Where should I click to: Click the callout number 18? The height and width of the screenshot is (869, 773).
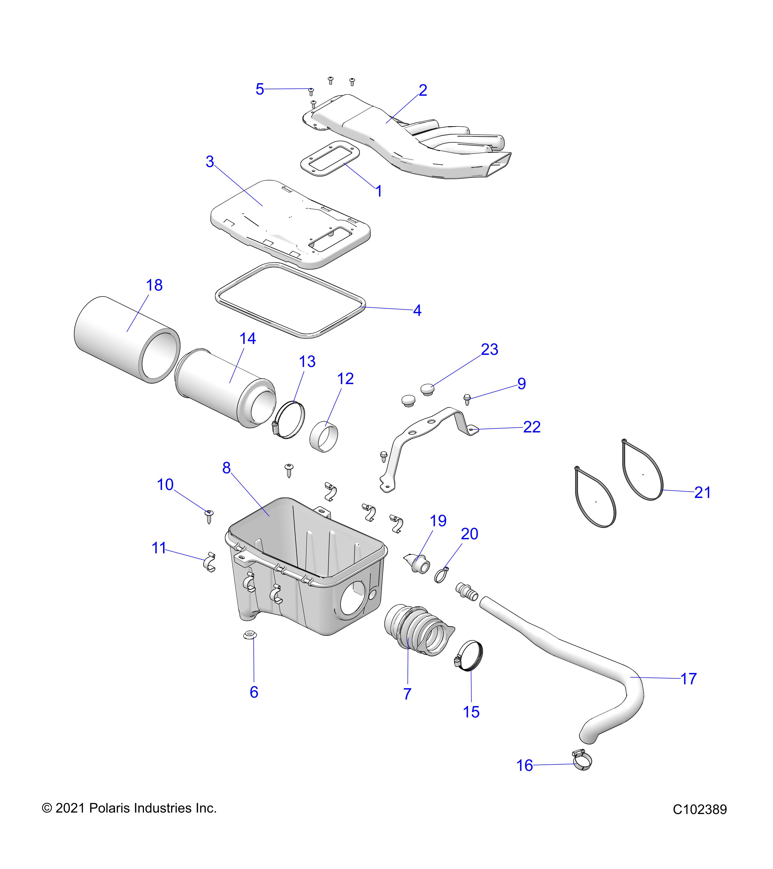[154, 285]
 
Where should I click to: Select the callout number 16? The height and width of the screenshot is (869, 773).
[524, 766]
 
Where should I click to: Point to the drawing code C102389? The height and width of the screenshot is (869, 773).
[700, 810]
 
